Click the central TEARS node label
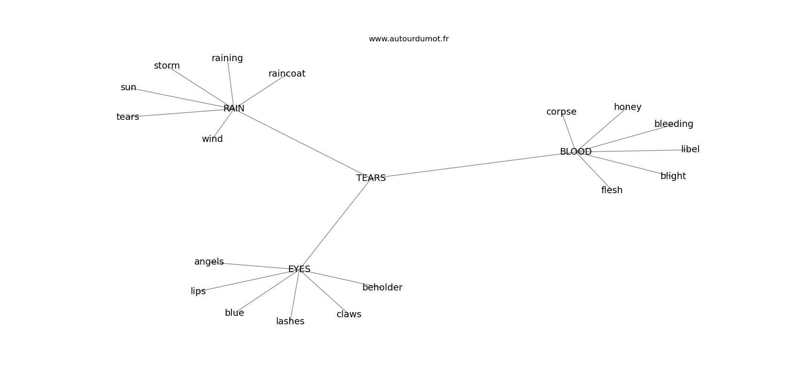pos(371,178)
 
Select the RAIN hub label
pos(234,109)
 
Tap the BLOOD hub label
pos(575,152)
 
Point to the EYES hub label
pos(299,269)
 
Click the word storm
pos(167,66)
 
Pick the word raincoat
pos(287,73)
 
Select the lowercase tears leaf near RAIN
pos(128,117)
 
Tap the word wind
pos(212,139)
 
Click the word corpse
pos(561,112)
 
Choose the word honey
pos(627,107)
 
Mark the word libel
pos(690,149)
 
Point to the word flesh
pos(612,190)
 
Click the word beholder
pos(382,288)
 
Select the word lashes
pos(290,321)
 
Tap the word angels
pos(209,262)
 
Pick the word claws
pos(349,314)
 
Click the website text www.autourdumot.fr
pos(408,39)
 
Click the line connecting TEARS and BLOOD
pos(473,165)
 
